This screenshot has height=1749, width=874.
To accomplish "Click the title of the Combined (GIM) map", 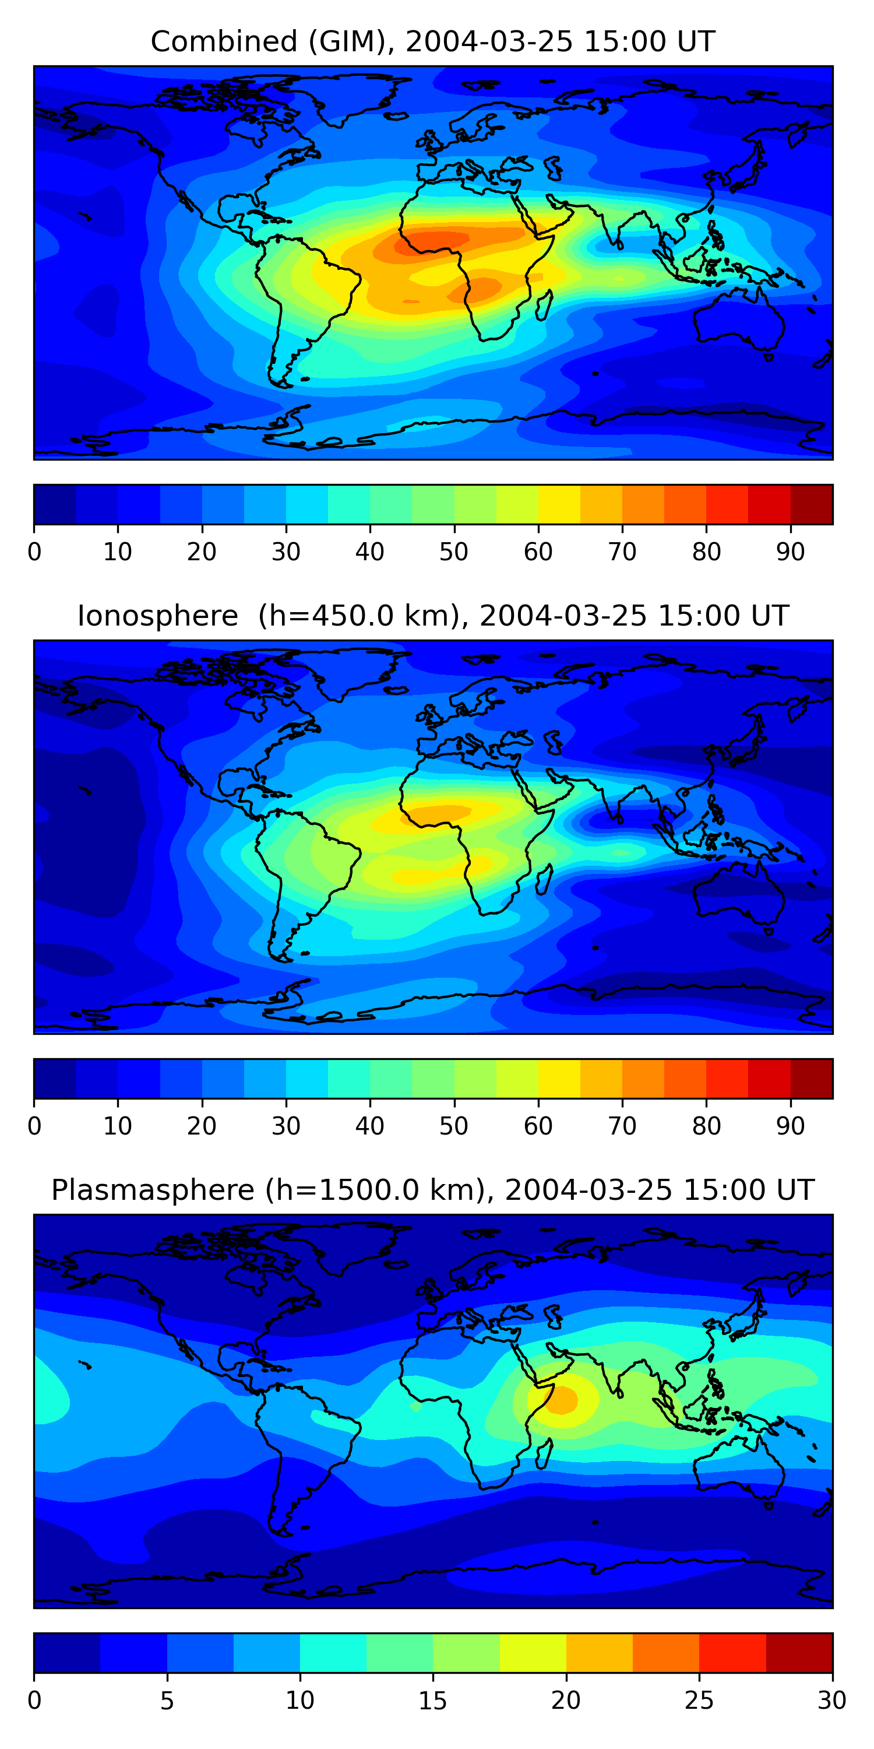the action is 433,42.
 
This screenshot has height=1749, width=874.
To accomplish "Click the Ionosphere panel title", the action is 433,616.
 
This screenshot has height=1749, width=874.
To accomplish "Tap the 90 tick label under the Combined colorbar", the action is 791,552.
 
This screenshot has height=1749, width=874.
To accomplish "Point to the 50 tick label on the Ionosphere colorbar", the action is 454,1126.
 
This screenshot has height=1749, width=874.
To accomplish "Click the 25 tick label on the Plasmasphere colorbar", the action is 699,1700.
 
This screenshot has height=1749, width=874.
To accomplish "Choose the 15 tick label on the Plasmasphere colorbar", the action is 433,1700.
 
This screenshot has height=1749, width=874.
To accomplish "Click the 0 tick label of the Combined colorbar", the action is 34,552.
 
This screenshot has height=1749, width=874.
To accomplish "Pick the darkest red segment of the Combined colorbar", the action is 812,504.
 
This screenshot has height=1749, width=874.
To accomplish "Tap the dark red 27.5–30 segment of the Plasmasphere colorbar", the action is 799,1653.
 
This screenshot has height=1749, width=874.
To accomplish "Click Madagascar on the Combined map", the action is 544,305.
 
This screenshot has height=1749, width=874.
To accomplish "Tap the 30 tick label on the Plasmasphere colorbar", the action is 832,1700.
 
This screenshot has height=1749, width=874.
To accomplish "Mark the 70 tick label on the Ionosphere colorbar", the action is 622,1126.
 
